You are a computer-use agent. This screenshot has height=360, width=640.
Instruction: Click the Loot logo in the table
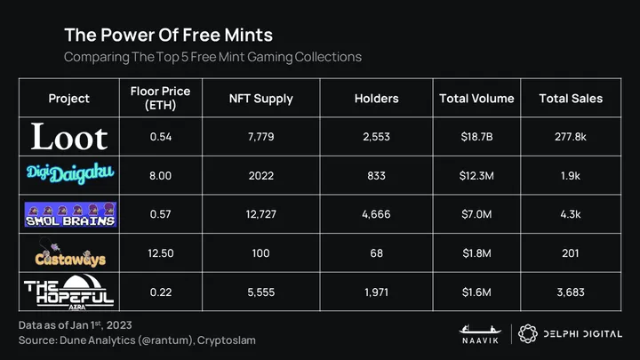pyautogui.click(x=69, y=137)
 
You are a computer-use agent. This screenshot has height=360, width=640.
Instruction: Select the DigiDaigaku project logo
pyautogui.click(x=69, y=175)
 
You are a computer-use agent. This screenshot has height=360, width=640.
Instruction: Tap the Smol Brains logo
pyautogui.click(x=69, y=214)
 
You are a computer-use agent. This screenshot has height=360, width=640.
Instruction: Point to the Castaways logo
pyautogui.click(x=69, y=253)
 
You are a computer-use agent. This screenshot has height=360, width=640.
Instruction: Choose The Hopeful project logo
pyautogui.click(x=69, y=291)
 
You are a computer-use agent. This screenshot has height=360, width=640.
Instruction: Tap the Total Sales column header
pyautogui.click(x=571, y=98)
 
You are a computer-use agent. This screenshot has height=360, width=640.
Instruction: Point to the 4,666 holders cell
pyautogui.click(x=375, y=214)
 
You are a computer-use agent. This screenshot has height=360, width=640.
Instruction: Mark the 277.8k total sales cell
pyautogui.click(x=571, y=137)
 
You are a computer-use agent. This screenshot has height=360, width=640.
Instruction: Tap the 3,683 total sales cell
pyautogui.click(x=571, y=292)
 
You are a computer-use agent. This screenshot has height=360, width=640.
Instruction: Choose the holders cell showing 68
pyautogui.click(x=375, y=253)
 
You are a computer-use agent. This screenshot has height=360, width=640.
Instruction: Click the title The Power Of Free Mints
pyautogui.click(x=168, y=36)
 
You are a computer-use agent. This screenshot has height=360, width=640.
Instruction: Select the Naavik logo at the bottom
pyautogui.click(x=476, y=332)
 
